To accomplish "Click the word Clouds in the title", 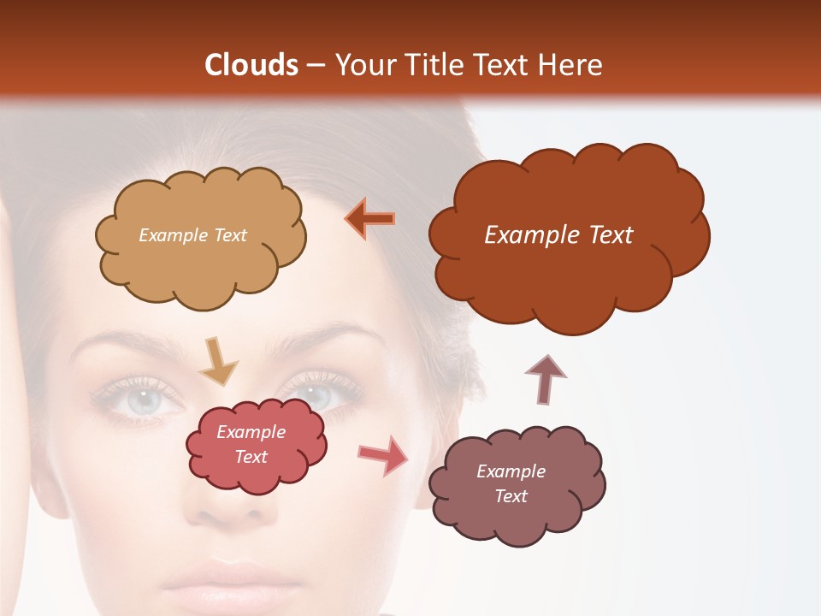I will pyautogui.click(x=251, y=65).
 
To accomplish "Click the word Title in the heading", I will pyautogui.click(x=430, y=65).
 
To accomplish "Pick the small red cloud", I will pyautogui.click(x=257, y=466).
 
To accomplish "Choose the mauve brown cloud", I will pyautogui.click(x=517, y=509).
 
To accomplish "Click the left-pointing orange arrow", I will pyautogui.click(x=370, y=219).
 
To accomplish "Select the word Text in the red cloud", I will pyautogui.click(x=251, y=457).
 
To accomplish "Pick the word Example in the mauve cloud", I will pyautogui.click(x=511, y=471).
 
